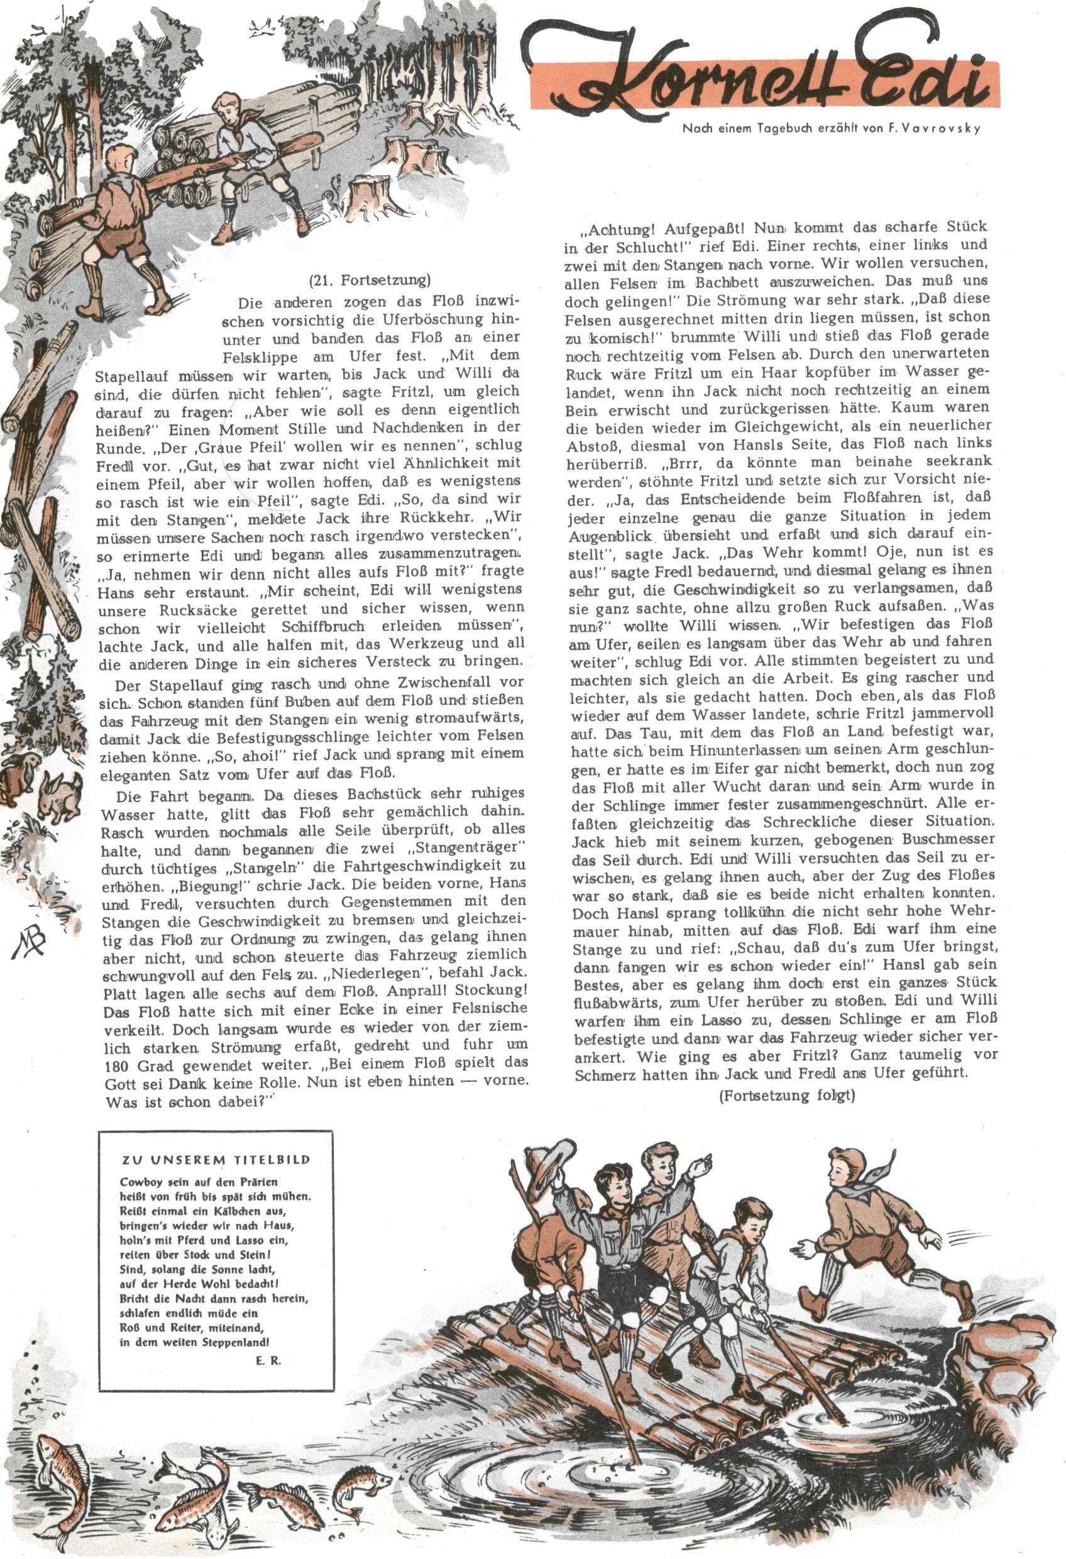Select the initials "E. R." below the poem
pyautogui.click(x=268, y=1342)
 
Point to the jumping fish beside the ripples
pyautogui.click(x=363, y=1479)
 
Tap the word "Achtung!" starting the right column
pyautogui.click(x=615, y=229)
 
